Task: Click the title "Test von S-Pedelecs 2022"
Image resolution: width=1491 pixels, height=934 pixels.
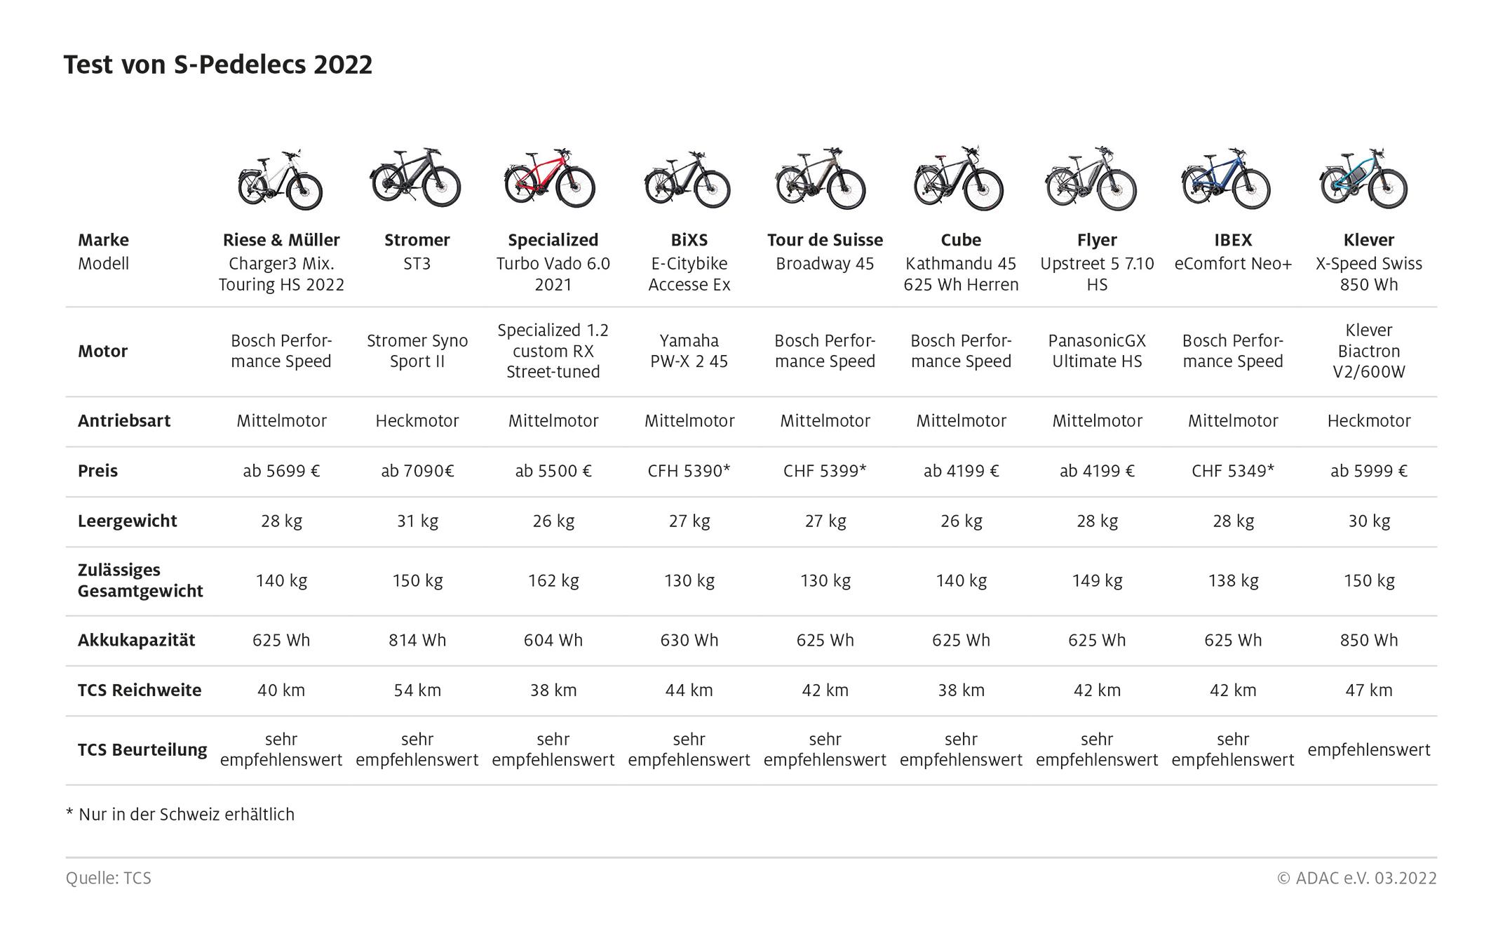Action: coord(218,65)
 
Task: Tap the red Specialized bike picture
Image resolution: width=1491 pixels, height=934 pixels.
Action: coord(550,178)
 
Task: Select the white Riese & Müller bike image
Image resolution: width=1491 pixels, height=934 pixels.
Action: coord(281,180)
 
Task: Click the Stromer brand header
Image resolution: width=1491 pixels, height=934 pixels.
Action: coord(417,240)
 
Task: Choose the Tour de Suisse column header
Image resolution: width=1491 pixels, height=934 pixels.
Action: coord(825,240)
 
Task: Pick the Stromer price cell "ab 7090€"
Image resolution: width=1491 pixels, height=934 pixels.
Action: coord(417,471)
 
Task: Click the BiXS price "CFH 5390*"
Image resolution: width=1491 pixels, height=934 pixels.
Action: coord(689,471)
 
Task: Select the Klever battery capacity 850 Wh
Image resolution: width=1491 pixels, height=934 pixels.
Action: coord(1368,640)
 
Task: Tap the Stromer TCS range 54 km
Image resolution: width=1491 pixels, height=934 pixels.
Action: coord(417,690)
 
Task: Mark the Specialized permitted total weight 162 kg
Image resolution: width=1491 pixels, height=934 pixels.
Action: coord(553,580)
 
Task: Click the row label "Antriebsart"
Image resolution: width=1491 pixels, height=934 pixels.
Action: coord(124,421)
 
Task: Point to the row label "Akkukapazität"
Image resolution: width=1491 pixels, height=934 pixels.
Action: coord(136,640)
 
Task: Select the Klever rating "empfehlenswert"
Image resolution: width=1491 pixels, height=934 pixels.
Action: coord(1368,749)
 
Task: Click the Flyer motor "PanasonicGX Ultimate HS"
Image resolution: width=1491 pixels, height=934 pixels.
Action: coord(1097,351)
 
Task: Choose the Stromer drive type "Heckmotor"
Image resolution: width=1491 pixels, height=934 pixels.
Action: coord(417,421)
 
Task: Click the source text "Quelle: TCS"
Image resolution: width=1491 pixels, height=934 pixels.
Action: coord(109,878)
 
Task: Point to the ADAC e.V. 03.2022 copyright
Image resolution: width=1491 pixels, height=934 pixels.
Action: coord(1356,878)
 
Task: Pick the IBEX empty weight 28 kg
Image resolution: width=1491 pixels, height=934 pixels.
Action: coord(1232,521)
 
